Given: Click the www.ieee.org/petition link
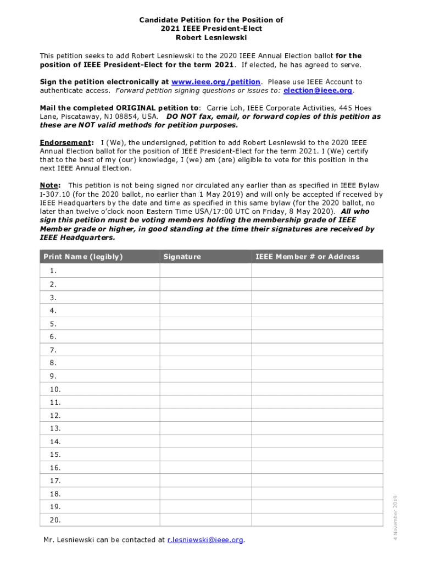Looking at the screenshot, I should point(215,82).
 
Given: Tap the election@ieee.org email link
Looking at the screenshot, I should point(318,90).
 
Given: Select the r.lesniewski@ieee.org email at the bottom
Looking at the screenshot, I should point(205,540).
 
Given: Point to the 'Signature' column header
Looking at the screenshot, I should point(182,257).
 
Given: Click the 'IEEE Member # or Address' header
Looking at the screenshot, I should point(307,257).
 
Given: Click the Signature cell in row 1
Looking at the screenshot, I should point(205,271).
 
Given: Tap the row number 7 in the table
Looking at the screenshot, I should point(53,350).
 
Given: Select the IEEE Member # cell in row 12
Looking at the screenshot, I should point(317,415).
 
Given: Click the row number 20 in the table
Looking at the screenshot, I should point(55,520).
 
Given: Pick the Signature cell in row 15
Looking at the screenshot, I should point(205,455).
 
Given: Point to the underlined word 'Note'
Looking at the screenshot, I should point(49,185).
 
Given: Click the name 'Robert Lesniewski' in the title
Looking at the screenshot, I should point(211,37).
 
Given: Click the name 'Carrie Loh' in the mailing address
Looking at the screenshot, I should point(225,108).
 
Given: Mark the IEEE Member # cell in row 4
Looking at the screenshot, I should point(317,310).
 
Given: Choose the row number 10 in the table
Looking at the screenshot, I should point(55,389).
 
